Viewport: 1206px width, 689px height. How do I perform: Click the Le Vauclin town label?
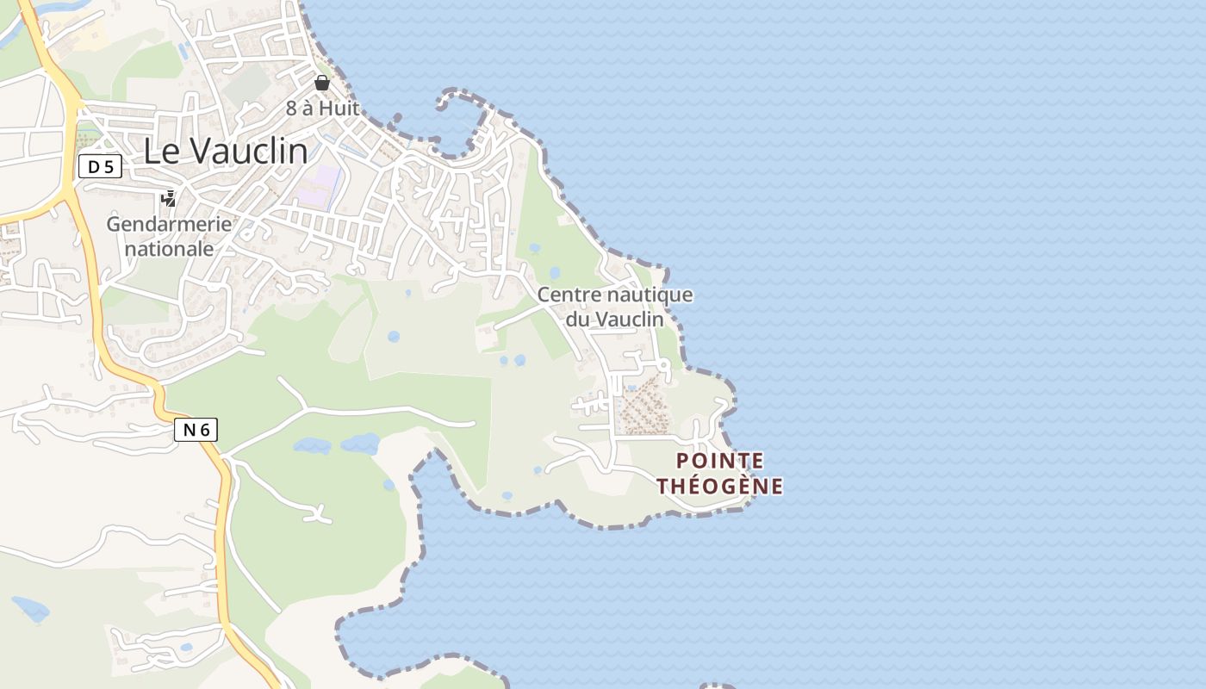(225, 151)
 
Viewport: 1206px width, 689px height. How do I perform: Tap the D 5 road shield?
(101, 167)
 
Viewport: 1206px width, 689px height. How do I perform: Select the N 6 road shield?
(196, 430)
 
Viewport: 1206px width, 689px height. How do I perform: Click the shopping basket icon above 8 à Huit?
(322, 83)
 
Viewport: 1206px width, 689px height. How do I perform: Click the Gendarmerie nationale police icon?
(169, 200)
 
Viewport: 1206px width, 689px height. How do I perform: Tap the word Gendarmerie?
(169, 224)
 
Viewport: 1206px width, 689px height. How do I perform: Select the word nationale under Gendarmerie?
(169, 249)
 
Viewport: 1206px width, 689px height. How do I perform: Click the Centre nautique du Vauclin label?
(615, 307)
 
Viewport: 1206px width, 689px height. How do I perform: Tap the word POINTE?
(720, 461)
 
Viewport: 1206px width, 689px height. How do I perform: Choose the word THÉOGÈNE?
(720, 487)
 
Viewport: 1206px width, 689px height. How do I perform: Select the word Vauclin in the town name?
(248, 151)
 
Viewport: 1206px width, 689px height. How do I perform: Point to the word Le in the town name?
(160, 151)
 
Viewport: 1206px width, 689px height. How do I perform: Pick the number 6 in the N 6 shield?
(205, 430)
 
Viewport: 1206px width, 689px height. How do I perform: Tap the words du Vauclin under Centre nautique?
(615, 320)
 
